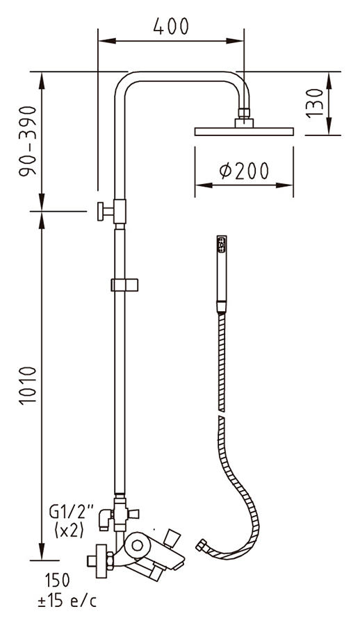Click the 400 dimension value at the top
(x=171, y=26)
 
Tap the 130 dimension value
(x=315, y=103)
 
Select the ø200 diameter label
(x=244, y=171)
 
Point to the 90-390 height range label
(x=28, y=140)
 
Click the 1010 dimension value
(x=28, y=385)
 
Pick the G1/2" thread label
(x=71, y=511)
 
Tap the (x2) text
(x=69, y=531)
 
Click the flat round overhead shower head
(x=244, y=131)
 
